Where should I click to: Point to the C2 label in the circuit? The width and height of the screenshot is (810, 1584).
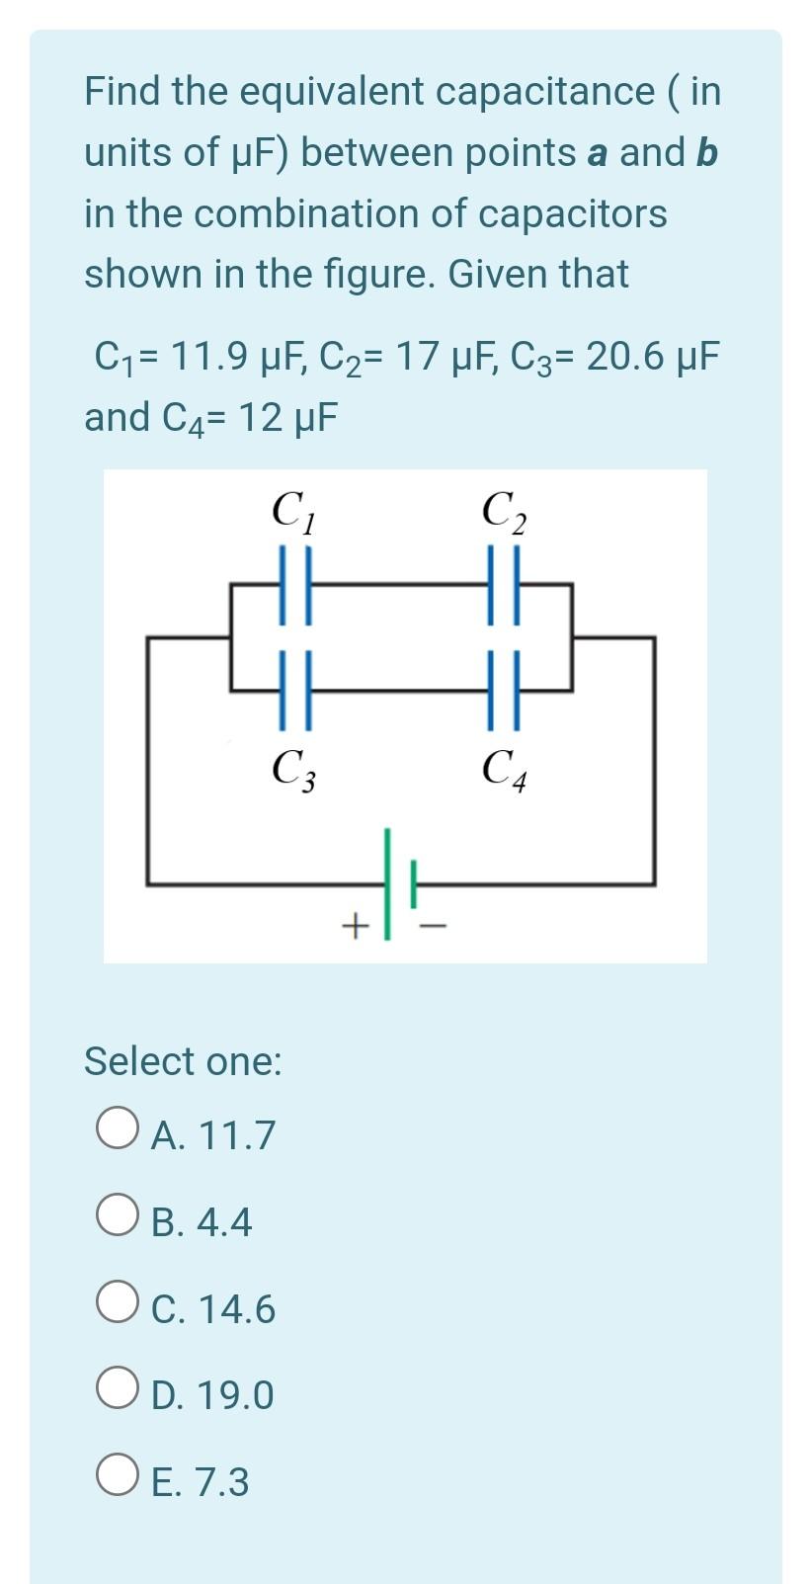[503, 511]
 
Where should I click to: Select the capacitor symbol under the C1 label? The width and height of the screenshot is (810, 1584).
[295, 586]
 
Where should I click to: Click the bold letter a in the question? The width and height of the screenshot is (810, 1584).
[597, 153]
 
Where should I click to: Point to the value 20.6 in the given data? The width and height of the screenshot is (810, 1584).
[624, 355]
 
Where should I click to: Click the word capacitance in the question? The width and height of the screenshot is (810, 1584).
[544, 92]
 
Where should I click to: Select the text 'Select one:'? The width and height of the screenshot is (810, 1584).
[183, 1061]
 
